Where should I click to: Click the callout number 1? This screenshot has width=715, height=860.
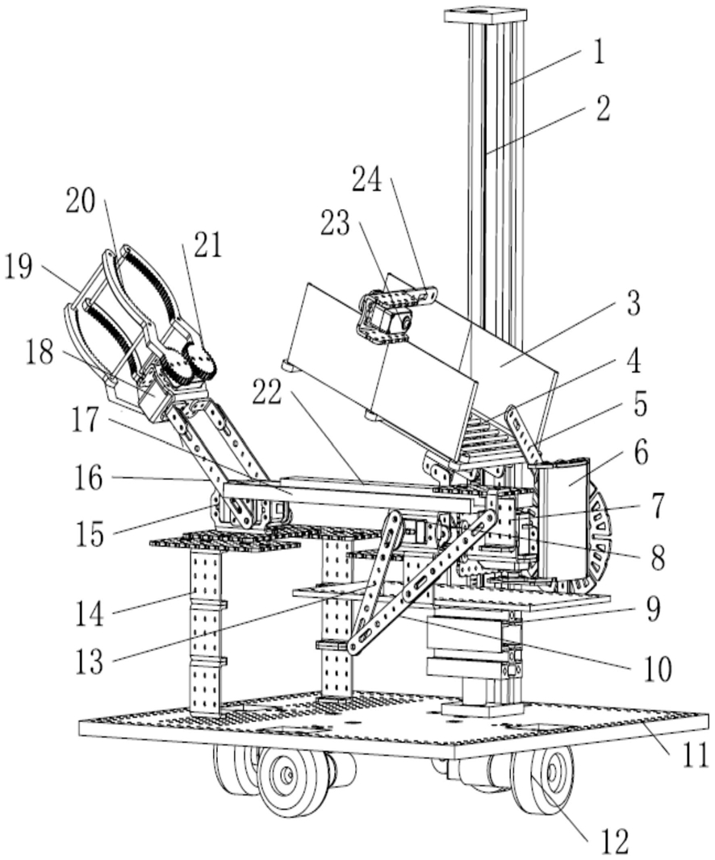coord(600,53)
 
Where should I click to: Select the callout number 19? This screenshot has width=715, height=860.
coord(19,266)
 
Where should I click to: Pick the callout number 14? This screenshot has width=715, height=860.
coord(89,612)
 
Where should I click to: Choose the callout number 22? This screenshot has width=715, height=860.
coord(267,393)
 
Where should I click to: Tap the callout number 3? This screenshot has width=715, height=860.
coord(633,303)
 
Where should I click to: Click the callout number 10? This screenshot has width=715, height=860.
coord(656,668)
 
